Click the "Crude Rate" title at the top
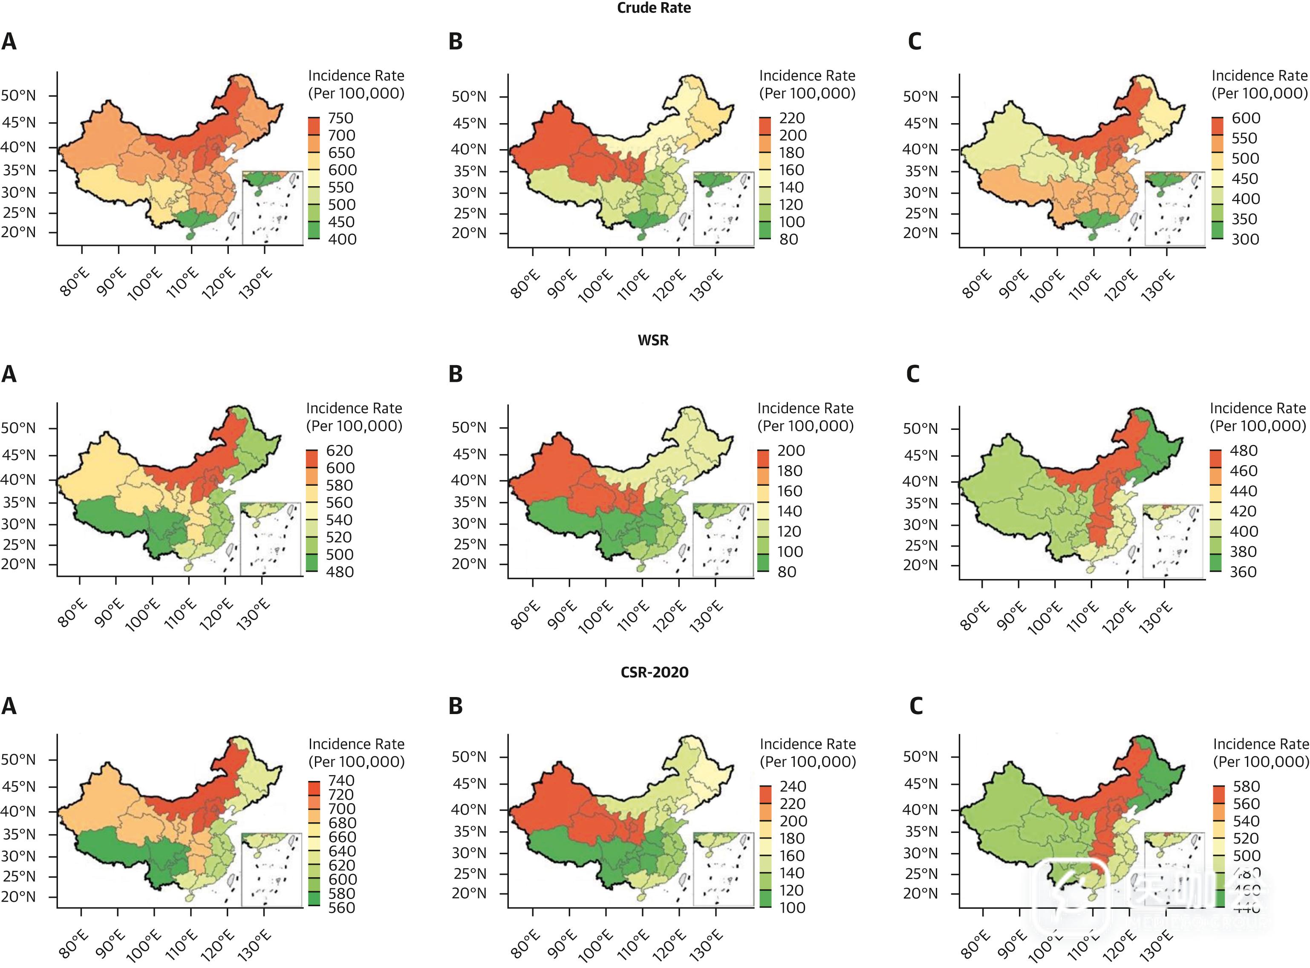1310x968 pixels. pos(654,8)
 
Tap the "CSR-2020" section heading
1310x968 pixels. pos(654,672)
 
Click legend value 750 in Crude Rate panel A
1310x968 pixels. pos(340,118)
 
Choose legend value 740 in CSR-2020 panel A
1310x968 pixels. pos(341,781)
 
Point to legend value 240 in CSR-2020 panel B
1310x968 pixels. pos(793,786)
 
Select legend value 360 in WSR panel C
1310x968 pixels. pos(1243,572)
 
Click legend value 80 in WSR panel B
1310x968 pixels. pos(787,572)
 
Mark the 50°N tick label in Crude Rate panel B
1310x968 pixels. pos(469,97)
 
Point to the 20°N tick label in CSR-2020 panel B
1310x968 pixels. pos(469,893)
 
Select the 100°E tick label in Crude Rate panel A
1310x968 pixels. pos(144,285)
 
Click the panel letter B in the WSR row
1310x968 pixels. pos(456,374)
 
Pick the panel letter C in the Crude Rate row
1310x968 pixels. pos(915,42)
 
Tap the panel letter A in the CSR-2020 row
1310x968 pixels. pos(9,706)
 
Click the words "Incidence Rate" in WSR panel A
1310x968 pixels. pos(354,409)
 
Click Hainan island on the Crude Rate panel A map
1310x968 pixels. pos(189,236)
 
